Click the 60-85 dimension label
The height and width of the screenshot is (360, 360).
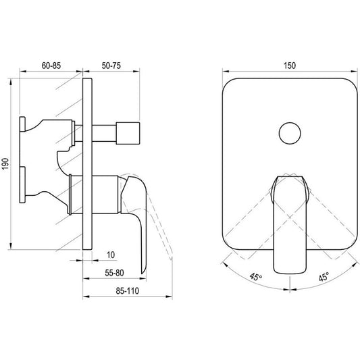[51, 66]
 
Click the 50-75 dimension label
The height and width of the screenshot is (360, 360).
[111, 66]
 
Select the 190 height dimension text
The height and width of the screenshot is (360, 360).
[5, 164]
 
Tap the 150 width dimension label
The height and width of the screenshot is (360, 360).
[290, 66]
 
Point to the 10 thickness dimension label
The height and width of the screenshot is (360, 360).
[111, 255]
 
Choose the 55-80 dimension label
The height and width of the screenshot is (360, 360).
[114, 273]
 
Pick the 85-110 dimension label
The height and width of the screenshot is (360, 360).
[128, 291]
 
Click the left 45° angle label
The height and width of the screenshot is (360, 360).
[256, 276]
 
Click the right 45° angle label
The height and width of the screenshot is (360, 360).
[324, 276]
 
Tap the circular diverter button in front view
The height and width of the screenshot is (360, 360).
[290, 133]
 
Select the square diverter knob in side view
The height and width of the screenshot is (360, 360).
[128, 133]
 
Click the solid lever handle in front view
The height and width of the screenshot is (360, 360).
[290, 225]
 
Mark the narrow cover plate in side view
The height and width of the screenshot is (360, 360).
[87, 164]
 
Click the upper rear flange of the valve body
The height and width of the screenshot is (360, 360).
[22, 124]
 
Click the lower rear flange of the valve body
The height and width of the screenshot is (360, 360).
[22, 185]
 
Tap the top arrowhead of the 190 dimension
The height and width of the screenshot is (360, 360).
[10, 81]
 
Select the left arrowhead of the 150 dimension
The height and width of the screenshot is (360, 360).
[226, 71]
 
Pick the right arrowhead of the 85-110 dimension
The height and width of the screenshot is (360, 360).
[169, 297]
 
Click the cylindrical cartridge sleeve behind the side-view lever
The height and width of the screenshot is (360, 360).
[105, 195]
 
